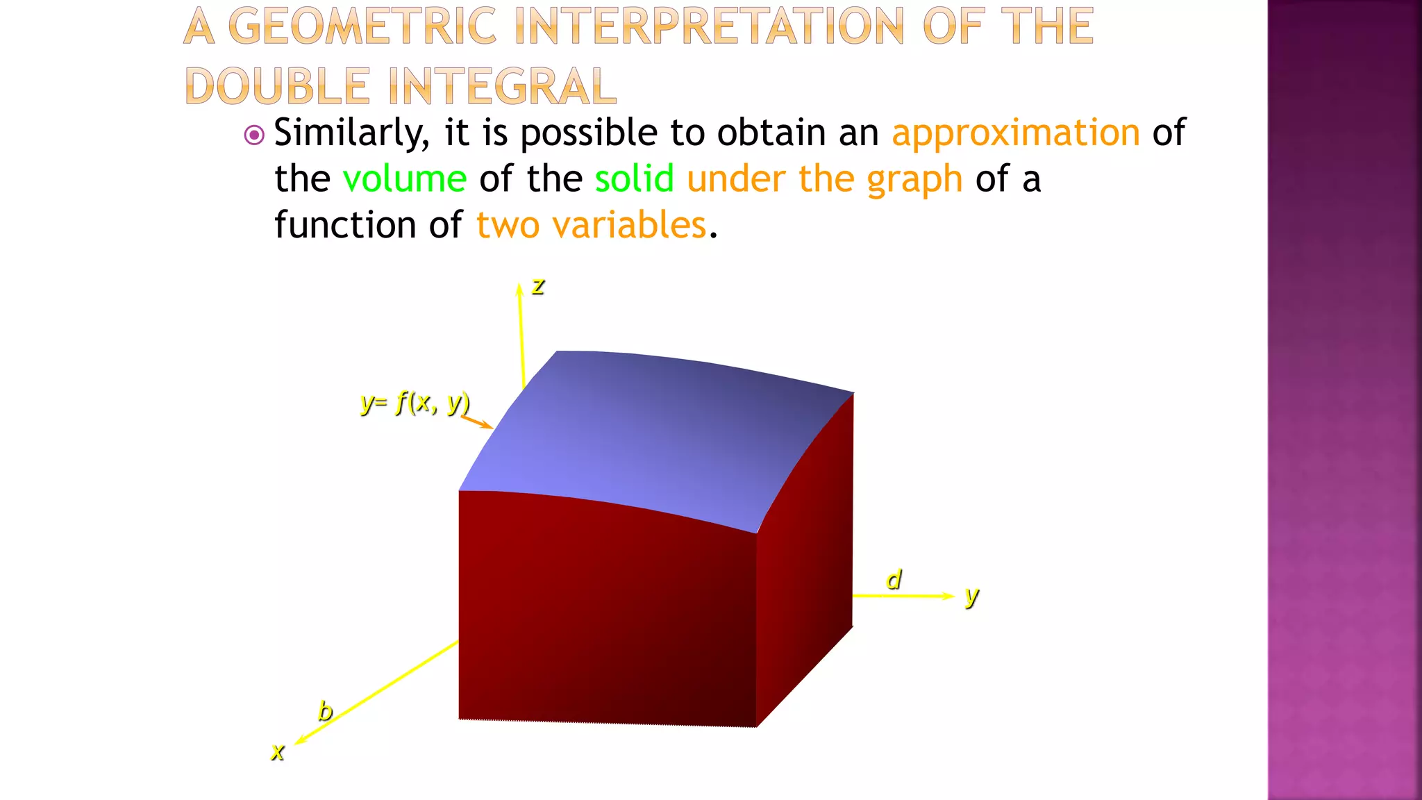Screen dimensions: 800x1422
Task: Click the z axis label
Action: click(x=538, y=287)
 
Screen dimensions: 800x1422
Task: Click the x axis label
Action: click(x=278, y=751)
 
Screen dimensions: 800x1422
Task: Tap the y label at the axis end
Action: click(x=971, y=596)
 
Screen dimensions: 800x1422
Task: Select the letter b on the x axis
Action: click(x=325, y=711)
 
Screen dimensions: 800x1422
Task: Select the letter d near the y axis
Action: click(x=894, y=579)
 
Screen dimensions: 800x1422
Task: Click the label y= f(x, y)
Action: click(x=415, y=402)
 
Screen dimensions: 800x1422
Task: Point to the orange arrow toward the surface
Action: click(x=477, y=422)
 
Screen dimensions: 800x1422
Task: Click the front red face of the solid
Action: click(x=604, y=611)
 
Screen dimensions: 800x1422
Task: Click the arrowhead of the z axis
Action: click(x=519, y=289)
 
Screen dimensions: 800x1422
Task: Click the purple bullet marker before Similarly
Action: click(x=255, y=135)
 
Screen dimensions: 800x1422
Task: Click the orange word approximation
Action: click(x=1015, y=133)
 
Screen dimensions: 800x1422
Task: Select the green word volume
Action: click(x=405, y=179)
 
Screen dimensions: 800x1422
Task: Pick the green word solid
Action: click(x=634, y=179)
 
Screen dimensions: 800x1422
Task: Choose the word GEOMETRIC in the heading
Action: click(x=362, y=26)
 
